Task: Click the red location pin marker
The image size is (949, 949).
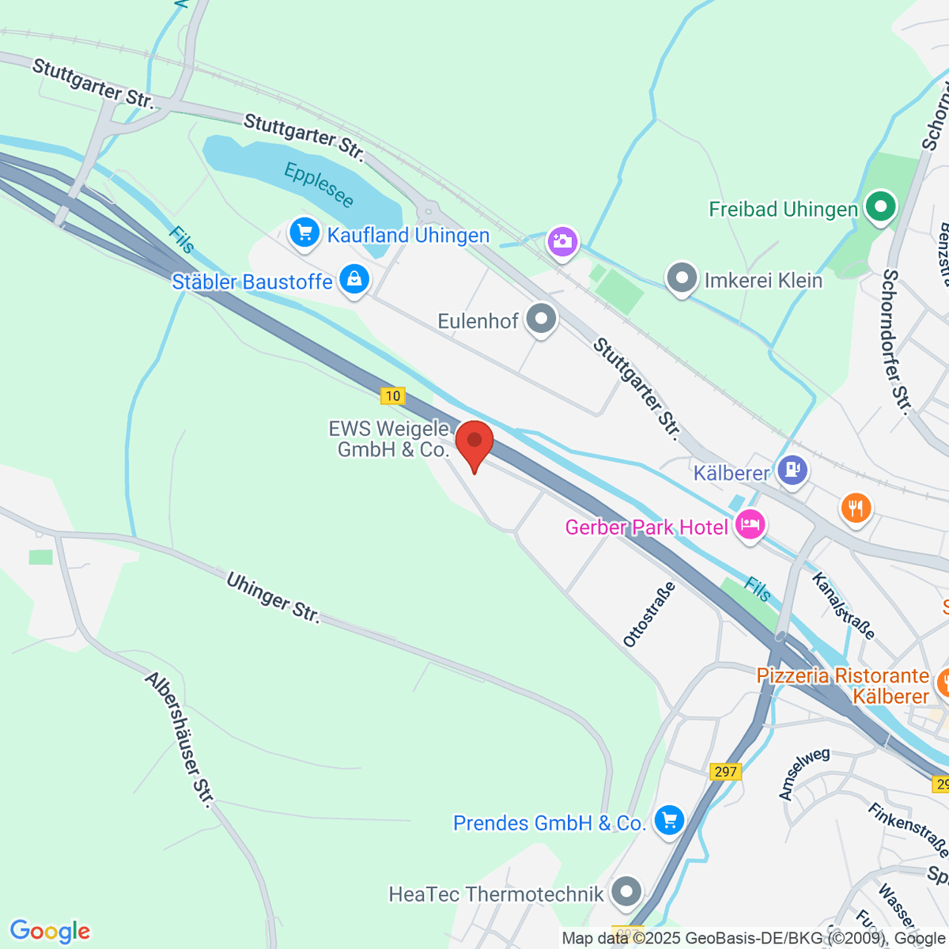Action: pos(475,443)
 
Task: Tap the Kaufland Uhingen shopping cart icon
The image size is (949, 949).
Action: pos(304,233)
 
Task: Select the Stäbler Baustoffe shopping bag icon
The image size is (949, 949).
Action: pos(354,280)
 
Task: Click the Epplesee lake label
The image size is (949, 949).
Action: pos(319,184)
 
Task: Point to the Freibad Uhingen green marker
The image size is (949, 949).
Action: pos(879,208)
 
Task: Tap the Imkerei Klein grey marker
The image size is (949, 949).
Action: pos(681,279)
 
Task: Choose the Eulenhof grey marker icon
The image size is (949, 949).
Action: pos(542,320)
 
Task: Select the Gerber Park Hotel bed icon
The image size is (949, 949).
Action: pos(749,524)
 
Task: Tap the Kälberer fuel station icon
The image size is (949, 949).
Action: pos(792,471)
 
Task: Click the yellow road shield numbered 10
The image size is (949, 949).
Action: pos(392,395)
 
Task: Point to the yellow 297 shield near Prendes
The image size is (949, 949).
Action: pos(724,772)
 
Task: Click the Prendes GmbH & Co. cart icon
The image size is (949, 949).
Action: pos(669,821)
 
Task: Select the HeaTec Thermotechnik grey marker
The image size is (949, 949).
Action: pos(627,892)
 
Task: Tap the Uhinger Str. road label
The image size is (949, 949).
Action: pos(273,598)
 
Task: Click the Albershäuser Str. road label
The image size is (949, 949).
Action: pos(180,740)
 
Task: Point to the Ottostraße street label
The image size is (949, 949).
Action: pos(650,614)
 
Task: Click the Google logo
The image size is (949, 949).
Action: pos(50,931)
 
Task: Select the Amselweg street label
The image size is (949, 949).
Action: pos(803,773)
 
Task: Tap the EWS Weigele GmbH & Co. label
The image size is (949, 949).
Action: pos(388,439)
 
